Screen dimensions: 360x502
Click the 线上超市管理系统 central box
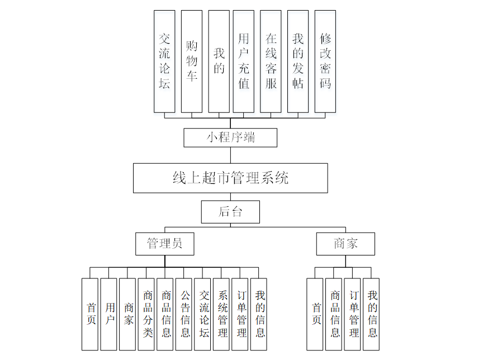point(230,178)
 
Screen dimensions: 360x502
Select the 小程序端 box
point(230,138)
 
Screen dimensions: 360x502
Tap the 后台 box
point(230,212)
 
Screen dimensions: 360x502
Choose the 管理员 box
point(165,244)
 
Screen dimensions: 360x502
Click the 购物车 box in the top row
point(192,61)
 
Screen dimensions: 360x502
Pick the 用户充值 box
point(244,61)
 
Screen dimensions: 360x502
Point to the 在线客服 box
point(271,61)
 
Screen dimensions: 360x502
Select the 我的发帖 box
point(298,61)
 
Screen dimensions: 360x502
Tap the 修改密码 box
point(325,61)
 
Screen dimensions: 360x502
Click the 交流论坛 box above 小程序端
point(164,61)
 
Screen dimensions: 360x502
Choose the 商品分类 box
point(146,314)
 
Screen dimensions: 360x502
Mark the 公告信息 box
point(184,314)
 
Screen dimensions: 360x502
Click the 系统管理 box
point(221,314)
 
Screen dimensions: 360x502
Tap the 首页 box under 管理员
point(90,314)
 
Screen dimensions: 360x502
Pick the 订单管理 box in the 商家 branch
point(352,314)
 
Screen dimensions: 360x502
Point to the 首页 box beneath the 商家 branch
point(315,314)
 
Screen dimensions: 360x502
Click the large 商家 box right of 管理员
point(345,244)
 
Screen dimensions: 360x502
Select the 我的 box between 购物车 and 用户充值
point(219,61)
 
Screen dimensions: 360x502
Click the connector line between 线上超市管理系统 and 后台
point(230,197)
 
